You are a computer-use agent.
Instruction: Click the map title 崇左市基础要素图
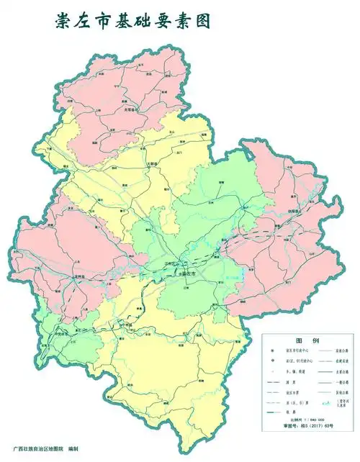coord(133,21)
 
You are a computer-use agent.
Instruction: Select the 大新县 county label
coord(152,164)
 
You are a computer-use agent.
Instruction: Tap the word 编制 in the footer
coord(73,450)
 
